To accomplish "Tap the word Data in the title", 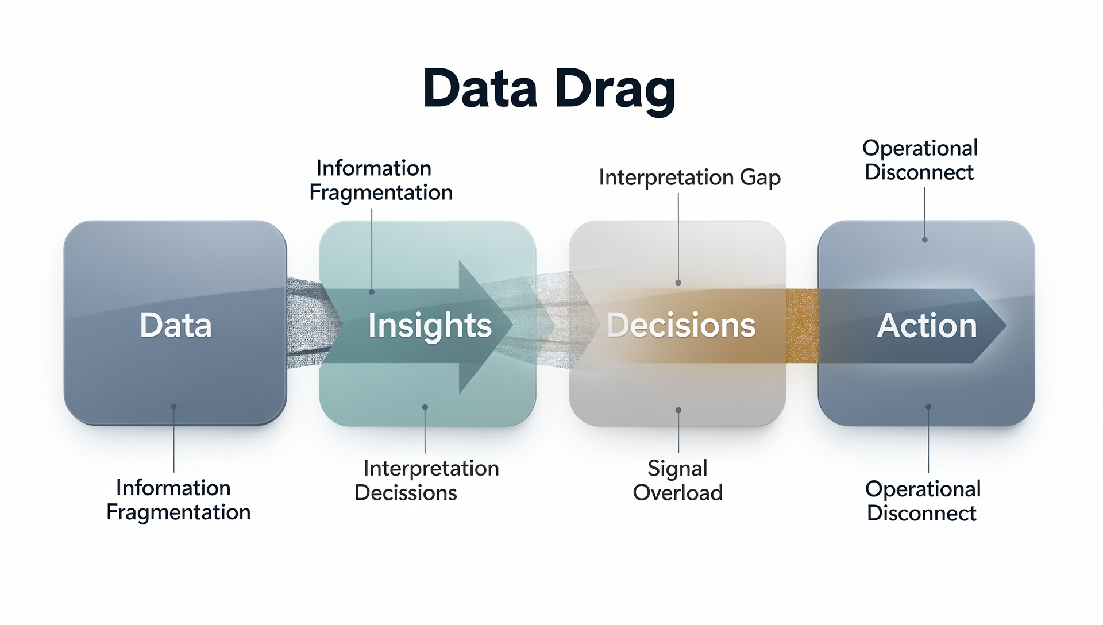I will [480, 88].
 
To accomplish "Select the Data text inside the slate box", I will [176, 325].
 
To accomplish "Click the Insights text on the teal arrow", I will [430, 326].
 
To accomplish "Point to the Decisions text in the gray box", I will [681, 325].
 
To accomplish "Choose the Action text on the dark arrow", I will [927, 326].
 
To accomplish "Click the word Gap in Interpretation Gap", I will [760, 178].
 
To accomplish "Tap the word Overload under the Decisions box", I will [678, 493].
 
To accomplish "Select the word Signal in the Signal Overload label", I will [677, 468].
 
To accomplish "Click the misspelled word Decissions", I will [406, 493].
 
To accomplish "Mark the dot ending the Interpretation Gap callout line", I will [678, 283].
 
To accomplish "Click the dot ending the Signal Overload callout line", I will [678, 410].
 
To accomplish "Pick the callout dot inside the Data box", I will [173, 407].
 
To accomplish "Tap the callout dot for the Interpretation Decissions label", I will [425, 407].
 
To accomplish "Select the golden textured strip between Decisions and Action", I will [802, 326].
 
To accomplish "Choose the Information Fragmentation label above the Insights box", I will [381, 180].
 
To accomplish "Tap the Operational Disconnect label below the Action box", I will [923, 501].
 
